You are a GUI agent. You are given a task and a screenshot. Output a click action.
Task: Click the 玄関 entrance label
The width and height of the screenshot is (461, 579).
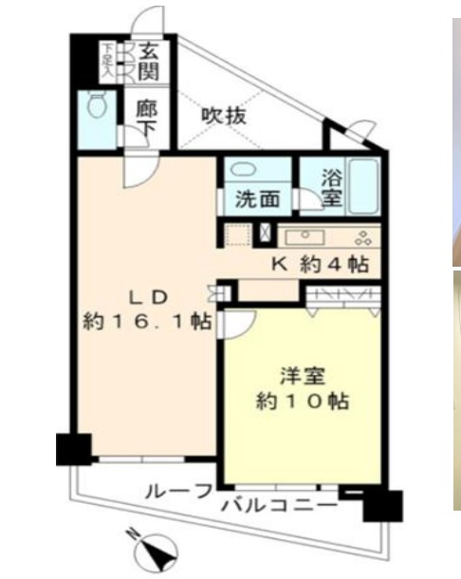click(x=149, y=61)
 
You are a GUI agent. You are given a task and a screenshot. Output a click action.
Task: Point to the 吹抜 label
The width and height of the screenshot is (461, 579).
click(x=225, y=116)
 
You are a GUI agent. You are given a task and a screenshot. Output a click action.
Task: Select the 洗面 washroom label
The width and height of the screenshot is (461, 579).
click(x=256, y=200)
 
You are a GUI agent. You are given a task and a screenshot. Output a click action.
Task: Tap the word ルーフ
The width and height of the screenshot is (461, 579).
click(x=178, y=492)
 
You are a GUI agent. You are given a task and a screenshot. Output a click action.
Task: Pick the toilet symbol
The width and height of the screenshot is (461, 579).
click(x=98, y=106)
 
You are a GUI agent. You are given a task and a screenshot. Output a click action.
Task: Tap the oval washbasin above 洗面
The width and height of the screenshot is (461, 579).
click(x=244, y=170)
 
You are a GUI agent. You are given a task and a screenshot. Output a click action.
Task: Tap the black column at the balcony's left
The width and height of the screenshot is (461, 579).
click(x=73, y=448)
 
